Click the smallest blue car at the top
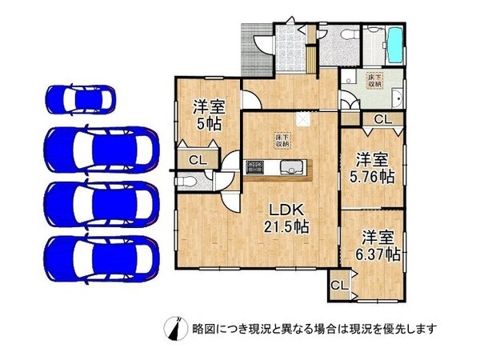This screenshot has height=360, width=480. (x=80, y=99)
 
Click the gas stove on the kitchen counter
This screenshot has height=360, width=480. (x=254, y=167)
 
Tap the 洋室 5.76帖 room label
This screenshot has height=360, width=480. (x=374, y=166)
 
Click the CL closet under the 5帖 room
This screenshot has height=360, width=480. (x=196, y=159)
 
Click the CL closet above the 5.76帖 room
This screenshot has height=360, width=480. (x=382, y=119)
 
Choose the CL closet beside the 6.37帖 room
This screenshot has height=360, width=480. (x=338, y=285)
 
